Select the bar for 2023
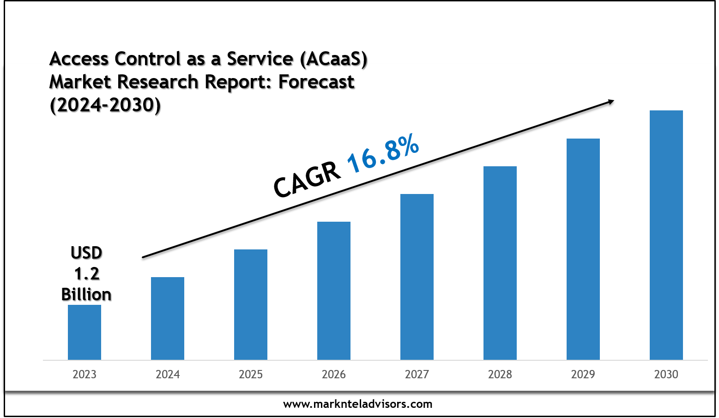[85, 332]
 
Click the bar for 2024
[168, 318]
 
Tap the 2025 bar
[251, 304]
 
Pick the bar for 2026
[334, 291]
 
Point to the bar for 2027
[417, 277]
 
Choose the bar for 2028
[500, 263]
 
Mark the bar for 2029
[583, 249]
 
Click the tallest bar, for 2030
[666, 235]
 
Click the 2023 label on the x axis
[85, 374]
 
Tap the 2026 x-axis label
[334, 374]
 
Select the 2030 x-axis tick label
[666, 374]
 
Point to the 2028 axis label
[500, 374]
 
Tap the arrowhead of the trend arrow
[610, 102]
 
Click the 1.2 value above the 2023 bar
[87, 274]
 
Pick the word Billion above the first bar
[86, 294]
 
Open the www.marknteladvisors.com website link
[358, 404]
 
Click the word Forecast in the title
[316, 82]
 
